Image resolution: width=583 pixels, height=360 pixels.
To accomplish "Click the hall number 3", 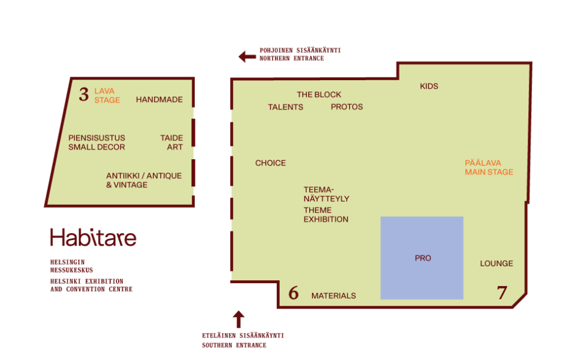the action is click(84, 95).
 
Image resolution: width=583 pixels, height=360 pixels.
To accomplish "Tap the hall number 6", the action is click(294, 292).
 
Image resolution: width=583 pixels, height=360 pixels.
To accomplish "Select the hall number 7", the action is click(502, 292).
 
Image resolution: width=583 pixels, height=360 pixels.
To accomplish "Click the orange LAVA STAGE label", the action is click(107, 96).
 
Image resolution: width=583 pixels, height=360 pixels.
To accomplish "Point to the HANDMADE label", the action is click(159, 100).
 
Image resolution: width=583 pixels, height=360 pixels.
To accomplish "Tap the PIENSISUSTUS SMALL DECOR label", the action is click(97, 142).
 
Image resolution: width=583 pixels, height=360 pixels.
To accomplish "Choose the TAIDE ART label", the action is click(172, 142).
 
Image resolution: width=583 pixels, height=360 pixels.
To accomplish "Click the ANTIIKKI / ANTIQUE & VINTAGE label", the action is click(144, 181).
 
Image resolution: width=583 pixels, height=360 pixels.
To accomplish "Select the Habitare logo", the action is click(93, 237).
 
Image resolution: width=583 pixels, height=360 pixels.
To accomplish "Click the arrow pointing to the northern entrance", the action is click(247, 57).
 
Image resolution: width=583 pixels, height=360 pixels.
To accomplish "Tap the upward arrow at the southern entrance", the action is click(239, 319).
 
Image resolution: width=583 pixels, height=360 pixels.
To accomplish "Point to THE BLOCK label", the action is click(319, 95).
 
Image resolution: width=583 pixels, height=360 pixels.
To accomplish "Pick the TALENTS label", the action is click(285, 107).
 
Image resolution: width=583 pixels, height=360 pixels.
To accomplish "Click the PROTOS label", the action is click(347, 107).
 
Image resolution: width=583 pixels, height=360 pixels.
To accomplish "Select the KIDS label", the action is click(429, 87).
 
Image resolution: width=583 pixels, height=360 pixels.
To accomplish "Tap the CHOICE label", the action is click(270, 163).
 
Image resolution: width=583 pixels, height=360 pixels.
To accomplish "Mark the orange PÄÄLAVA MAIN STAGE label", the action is click(489, 167).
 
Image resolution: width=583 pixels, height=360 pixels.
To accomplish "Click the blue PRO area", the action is click(422, 258).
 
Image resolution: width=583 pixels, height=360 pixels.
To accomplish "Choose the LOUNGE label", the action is click(497, 264).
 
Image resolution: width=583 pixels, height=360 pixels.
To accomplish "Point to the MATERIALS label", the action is click(333, 295).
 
